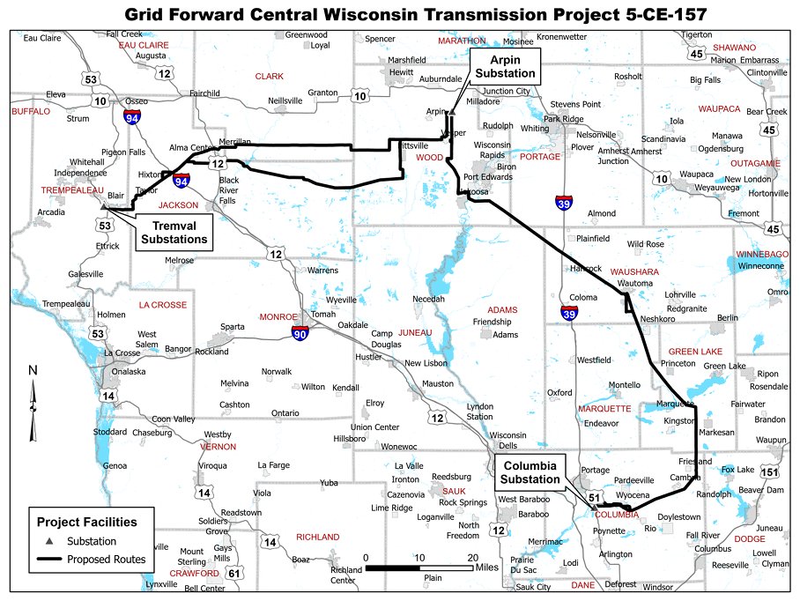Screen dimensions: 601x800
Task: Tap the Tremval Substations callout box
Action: coord(174,232)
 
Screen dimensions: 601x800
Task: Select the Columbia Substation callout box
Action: coord(529,472)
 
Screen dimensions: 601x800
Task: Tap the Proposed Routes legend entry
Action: coord(107,559)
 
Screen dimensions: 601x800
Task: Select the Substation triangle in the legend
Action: coord(50,541)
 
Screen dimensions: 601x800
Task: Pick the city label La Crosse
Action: coord(122,353)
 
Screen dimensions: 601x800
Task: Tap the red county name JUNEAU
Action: coord(415,332)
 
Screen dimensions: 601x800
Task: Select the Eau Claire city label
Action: coord(42,38)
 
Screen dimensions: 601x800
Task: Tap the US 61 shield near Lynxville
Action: coord(234,574)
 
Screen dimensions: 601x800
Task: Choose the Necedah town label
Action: coord(428,299)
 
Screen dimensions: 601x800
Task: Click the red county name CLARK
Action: coord(270,77)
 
